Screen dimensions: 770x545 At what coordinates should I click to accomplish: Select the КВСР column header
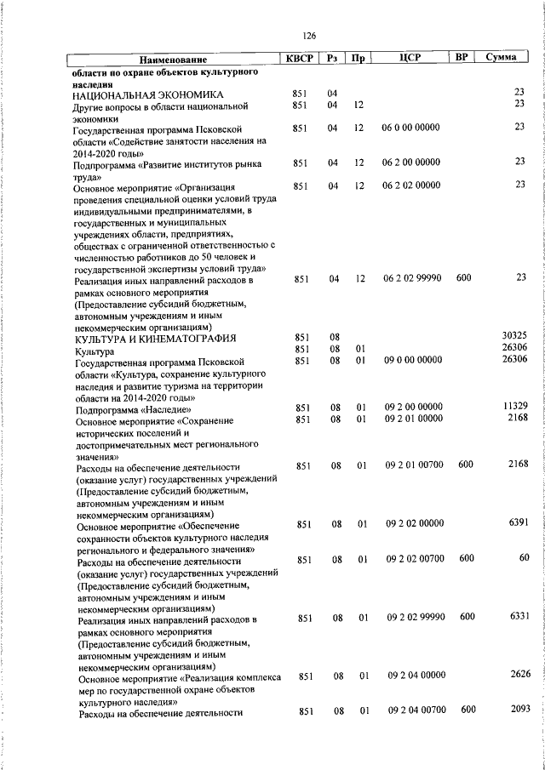[299, 59]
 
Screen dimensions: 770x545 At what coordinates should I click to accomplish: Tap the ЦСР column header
[411, 59]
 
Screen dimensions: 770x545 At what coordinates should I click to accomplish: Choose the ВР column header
[462, 58]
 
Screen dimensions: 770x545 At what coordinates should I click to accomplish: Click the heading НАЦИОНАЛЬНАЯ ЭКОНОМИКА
[148, 94]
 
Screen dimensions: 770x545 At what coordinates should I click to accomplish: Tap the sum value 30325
[515, 336]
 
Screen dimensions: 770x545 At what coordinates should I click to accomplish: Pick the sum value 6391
[519, 522]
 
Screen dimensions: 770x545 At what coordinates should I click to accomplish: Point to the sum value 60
[524, 557]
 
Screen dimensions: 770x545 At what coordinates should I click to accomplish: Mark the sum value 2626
[520, 674]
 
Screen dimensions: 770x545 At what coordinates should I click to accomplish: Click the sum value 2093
[520, 709]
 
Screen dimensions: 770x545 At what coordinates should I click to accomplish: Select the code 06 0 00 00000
[412, 127]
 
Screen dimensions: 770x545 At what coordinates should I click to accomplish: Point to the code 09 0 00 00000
[413, 360]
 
